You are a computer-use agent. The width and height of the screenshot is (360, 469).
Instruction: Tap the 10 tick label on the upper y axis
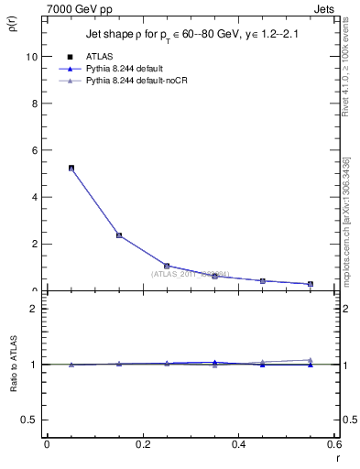coord(32,56)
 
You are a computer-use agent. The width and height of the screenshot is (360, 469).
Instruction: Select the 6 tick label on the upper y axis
coord(35,150)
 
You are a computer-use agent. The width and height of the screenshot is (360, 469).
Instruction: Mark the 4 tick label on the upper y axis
coord(35,197)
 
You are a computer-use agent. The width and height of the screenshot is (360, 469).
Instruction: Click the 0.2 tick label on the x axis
coord(142,444)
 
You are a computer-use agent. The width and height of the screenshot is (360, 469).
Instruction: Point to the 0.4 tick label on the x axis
coord(239,444)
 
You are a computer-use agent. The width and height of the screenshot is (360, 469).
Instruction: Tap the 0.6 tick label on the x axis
coord(333,444)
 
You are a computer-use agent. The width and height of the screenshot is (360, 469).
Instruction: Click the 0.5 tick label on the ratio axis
coord(30,420)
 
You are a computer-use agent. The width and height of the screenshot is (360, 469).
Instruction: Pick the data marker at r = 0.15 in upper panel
coord(119,235)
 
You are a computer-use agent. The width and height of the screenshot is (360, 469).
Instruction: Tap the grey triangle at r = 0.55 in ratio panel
coord(311,360)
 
